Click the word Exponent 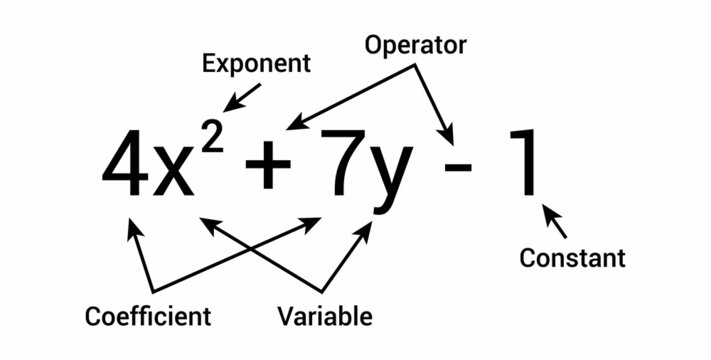click(x=257, y=65)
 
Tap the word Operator click(x=416, y=46)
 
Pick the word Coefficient click(x=148, y=317)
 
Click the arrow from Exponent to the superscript click(x=238, y=95)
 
